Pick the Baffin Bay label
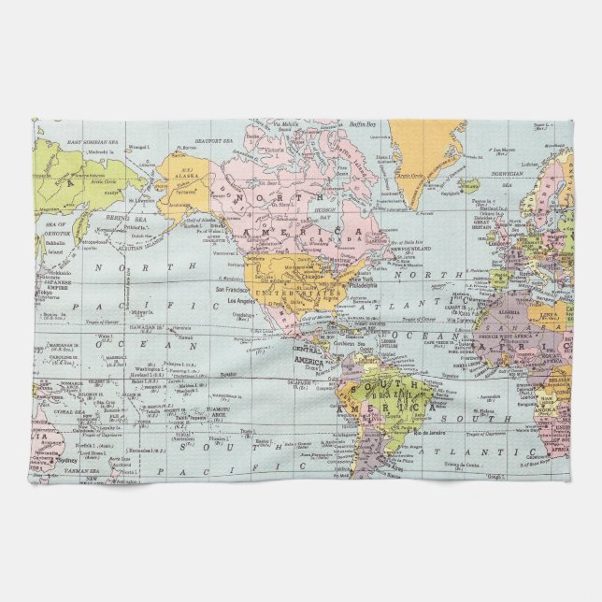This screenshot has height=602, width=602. pos(364,124)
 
